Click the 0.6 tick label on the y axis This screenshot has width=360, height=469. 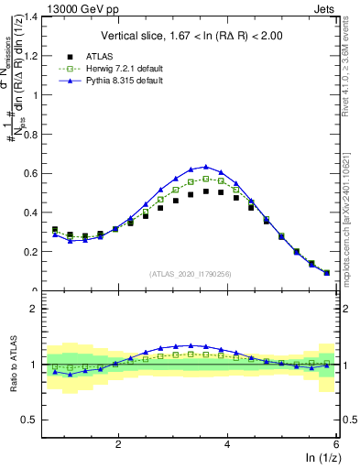click(x=35, y=173)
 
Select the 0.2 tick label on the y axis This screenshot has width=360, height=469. click(x=35, y=252)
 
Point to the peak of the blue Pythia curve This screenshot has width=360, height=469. click(x=205, y=167)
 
